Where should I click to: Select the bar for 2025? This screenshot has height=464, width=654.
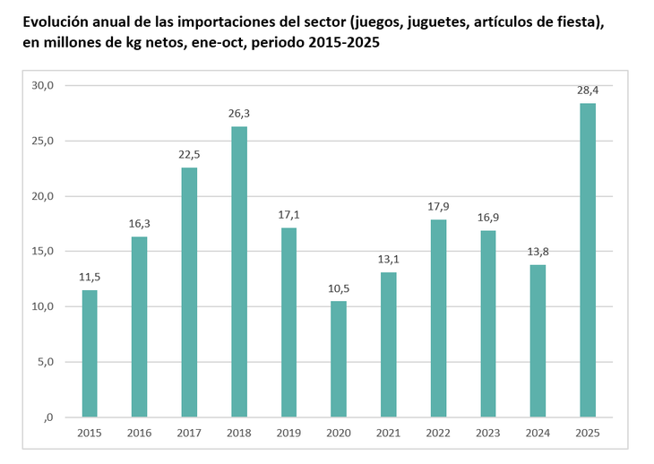pos(587,260)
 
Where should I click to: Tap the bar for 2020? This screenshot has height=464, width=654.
pos(338,358)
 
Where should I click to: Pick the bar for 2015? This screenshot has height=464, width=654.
pos(90,353)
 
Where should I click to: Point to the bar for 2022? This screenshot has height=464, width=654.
pos(437,318)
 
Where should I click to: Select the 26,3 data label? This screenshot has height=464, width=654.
pos(239,113)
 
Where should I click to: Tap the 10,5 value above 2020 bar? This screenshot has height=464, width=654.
pos(338,288)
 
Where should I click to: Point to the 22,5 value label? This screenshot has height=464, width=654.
pos(189,154)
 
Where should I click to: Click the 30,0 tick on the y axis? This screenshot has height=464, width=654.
pos(43,85)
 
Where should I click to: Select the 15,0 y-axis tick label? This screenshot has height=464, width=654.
pos(43,252)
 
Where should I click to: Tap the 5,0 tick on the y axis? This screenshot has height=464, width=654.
pos(45,362)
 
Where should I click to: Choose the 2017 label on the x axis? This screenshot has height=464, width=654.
pos(189,434)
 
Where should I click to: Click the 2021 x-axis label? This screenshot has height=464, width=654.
pos(388,434)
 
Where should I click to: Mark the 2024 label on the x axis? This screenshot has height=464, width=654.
pos(538,434)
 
